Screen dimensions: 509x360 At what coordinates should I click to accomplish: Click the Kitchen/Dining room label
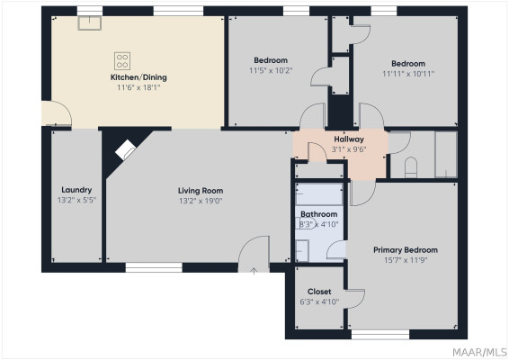138,77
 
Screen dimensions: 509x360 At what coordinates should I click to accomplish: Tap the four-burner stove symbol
122,61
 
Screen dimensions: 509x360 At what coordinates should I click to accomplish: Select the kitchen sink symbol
90,23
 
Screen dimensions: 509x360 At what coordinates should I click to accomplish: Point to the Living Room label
201,191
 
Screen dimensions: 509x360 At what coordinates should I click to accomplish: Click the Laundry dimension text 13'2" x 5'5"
76,200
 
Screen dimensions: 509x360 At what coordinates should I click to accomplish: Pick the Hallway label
349,139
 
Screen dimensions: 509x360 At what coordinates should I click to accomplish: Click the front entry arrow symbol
254,271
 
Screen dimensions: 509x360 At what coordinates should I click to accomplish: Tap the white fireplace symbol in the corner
125,149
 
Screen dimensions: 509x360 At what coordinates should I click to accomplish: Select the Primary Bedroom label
406,250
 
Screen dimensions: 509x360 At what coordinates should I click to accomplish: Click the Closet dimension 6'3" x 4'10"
319,301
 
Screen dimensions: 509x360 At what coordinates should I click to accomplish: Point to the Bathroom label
318,214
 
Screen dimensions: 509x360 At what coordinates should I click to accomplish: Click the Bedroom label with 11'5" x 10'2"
271,60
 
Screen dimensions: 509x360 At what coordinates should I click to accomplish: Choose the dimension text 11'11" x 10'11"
408,74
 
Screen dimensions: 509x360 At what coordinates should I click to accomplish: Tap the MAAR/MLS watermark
479,352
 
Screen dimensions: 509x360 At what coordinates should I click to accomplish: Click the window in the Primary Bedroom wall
380,335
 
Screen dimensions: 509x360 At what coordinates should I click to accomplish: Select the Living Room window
154,267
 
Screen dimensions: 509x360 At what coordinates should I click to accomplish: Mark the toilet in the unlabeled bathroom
411,167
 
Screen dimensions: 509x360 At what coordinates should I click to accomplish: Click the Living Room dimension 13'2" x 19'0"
201,201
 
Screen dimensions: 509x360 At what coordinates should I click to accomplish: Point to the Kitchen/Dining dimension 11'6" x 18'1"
138,87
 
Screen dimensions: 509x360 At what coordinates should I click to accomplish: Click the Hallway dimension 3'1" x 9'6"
349,149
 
